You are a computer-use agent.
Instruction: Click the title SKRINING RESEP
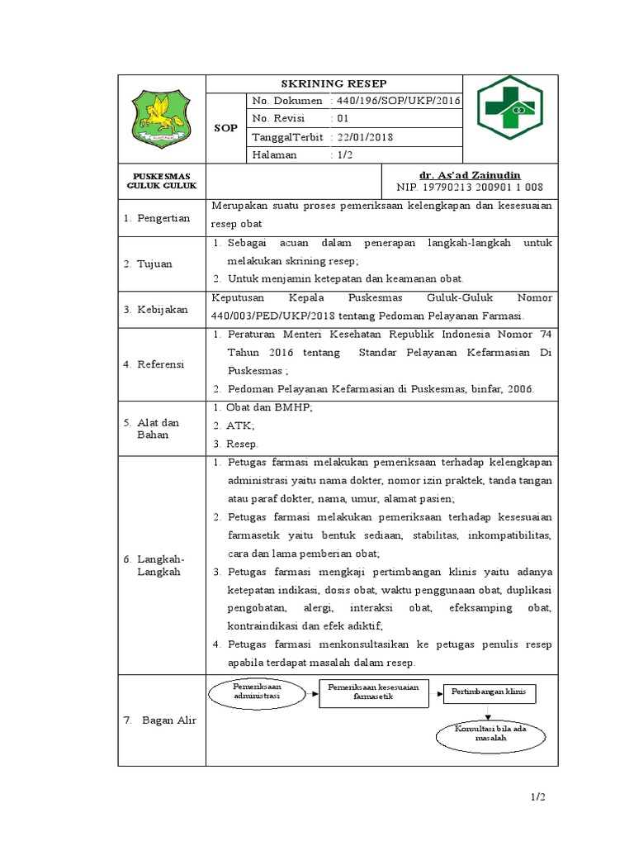tap(334, 83)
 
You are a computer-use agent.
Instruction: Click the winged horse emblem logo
tap(161, 118)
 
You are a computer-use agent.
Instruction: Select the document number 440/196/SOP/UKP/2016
tap(397, 101)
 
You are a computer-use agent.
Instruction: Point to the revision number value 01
tap(343, 118)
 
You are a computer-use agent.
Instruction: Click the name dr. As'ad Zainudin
tap(471, 174)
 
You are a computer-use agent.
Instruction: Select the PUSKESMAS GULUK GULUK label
tap(161, 181)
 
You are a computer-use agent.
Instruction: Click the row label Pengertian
tap(163, 218)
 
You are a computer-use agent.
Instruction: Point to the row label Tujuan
tap(156, 264)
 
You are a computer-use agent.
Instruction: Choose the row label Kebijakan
tap(163, 309)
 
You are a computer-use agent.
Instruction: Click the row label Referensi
tap(162, 364)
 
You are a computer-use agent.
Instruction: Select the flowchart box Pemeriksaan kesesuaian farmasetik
tap(374, 692)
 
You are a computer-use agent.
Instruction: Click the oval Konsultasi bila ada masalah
tap(490, 734)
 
